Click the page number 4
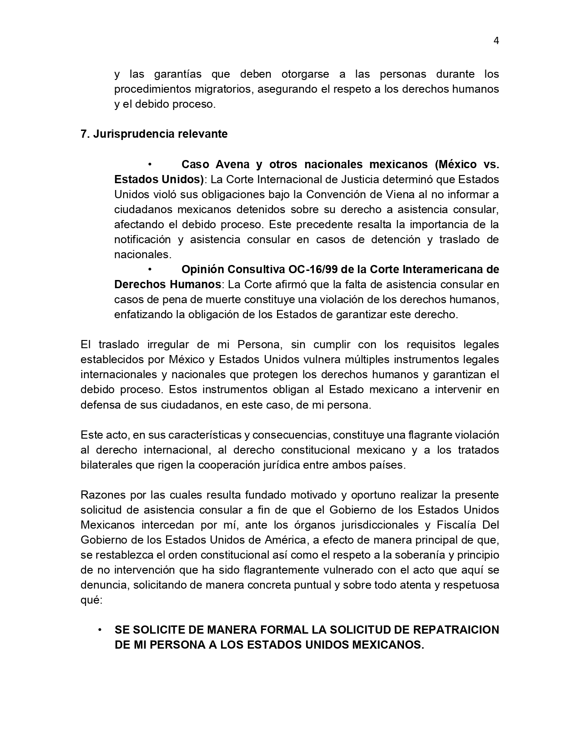click(x=496, y=41)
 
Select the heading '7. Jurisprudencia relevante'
click(x=154, y=134)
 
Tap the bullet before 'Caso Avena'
click(x=149, y=164)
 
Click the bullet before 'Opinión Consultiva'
click(x=149, y=269)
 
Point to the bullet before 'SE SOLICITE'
click(x=99, y=630)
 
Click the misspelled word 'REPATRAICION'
click(x=456, y=630)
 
